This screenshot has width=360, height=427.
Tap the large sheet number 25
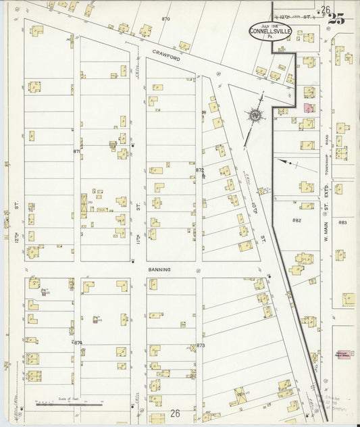tap(336, 18)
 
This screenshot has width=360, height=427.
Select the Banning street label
tap(161, 269)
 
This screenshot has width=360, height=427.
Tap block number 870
tap(166, 18)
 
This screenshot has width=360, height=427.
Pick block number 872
tap(200, 170)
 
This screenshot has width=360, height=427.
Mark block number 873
tap(201, 345)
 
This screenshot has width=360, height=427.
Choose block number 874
tap(78, 343)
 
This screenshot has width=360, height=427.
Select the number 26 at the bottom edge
tap(176, 413)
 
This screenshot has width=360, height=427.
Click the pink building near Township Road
tap(308, 107)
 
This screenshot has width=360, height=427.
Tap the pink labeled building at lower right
tap(344, 353)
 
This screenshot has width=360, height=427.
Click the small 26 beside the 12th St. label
tap(326, 9)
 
